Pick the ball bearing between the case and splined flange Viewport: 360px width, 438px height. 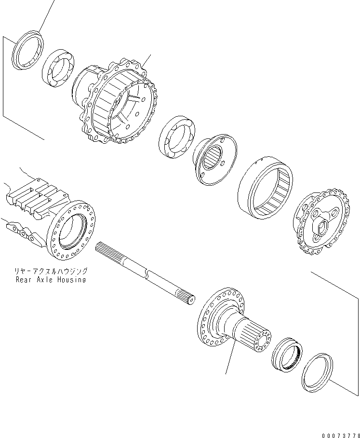coord(176,137)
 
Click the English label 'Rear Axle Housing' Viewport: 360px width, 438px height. coord(51,280)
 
